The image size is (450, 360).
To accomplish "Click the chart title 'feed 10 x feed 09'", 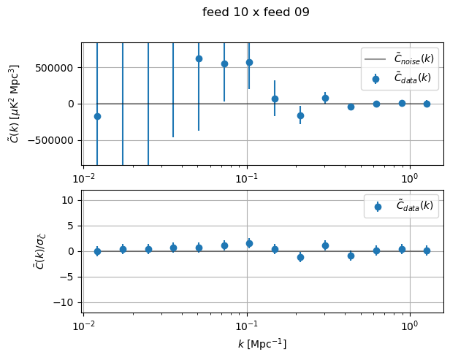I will coord(256,12).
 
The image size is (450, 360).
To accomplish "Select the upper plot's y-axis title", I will coord(15,104).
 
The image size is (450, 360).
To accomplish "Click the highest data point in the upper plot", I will coord(199,58).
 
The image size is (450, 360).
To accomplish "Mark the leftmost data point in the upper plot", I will coord(97,116).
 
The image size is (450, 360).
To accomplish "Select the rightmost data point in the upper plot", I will coord(427,104).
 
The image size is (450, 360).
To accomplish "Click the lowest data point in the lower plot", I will coord(300,257).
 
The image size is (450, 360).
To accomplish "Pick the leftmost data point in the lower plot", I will coord(97,251).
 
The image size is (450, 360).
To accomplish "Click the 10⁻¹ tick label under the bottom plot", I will coord(247,323).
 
